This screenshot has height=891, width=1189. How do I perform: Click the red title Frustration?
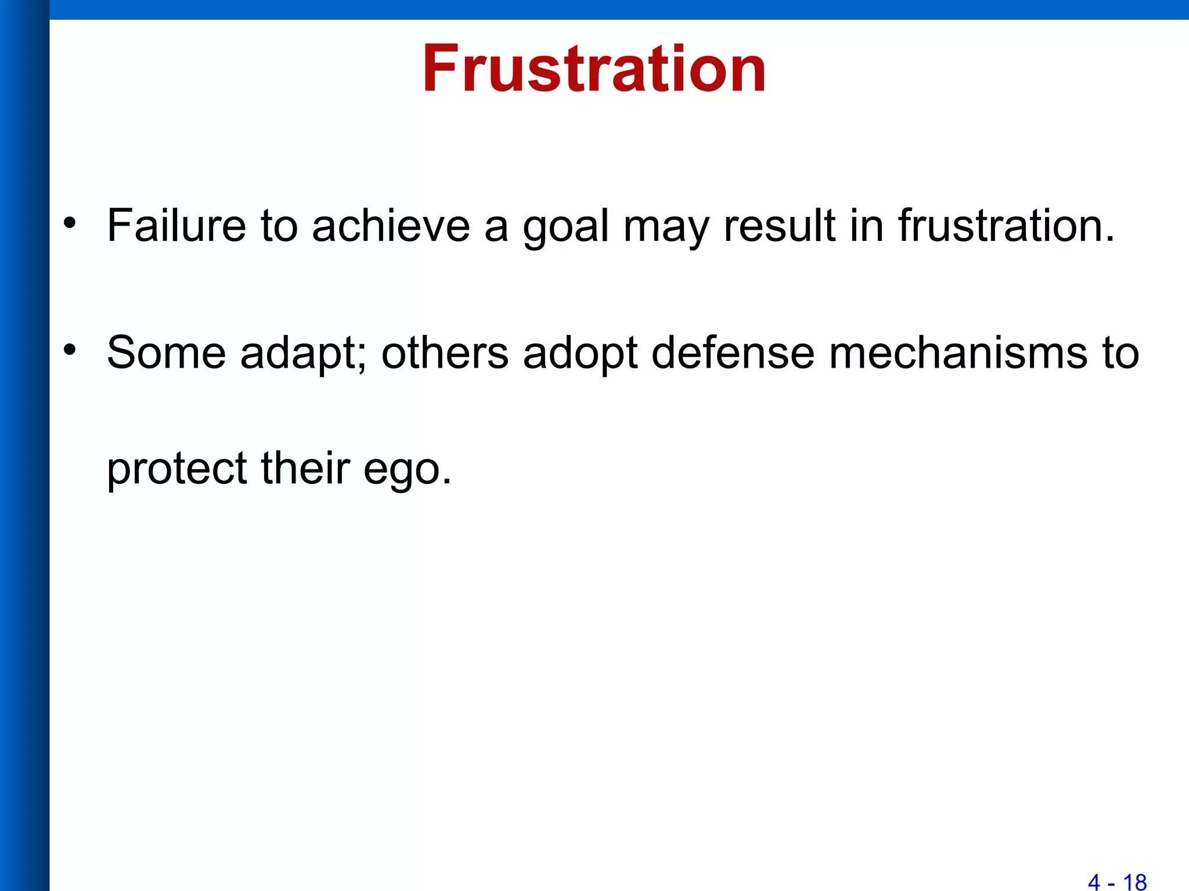(593, 70)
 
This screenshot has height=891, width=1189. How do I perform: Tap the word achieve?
(391, 226)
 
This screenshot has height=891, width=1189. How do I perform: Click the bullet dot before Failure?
(70, 223)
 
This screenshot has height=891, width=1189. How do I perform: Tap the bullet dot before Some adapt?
(70, 350)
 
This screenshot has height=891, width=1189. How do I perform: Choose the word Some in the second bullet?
(166, 353)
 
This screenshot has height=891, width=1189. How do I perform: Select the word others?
(445, 353)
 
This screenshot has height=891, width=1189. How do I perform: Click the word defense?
(733, 353)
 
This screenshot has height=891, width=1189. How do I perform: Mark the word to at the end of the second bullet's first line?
(1120, 353)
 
